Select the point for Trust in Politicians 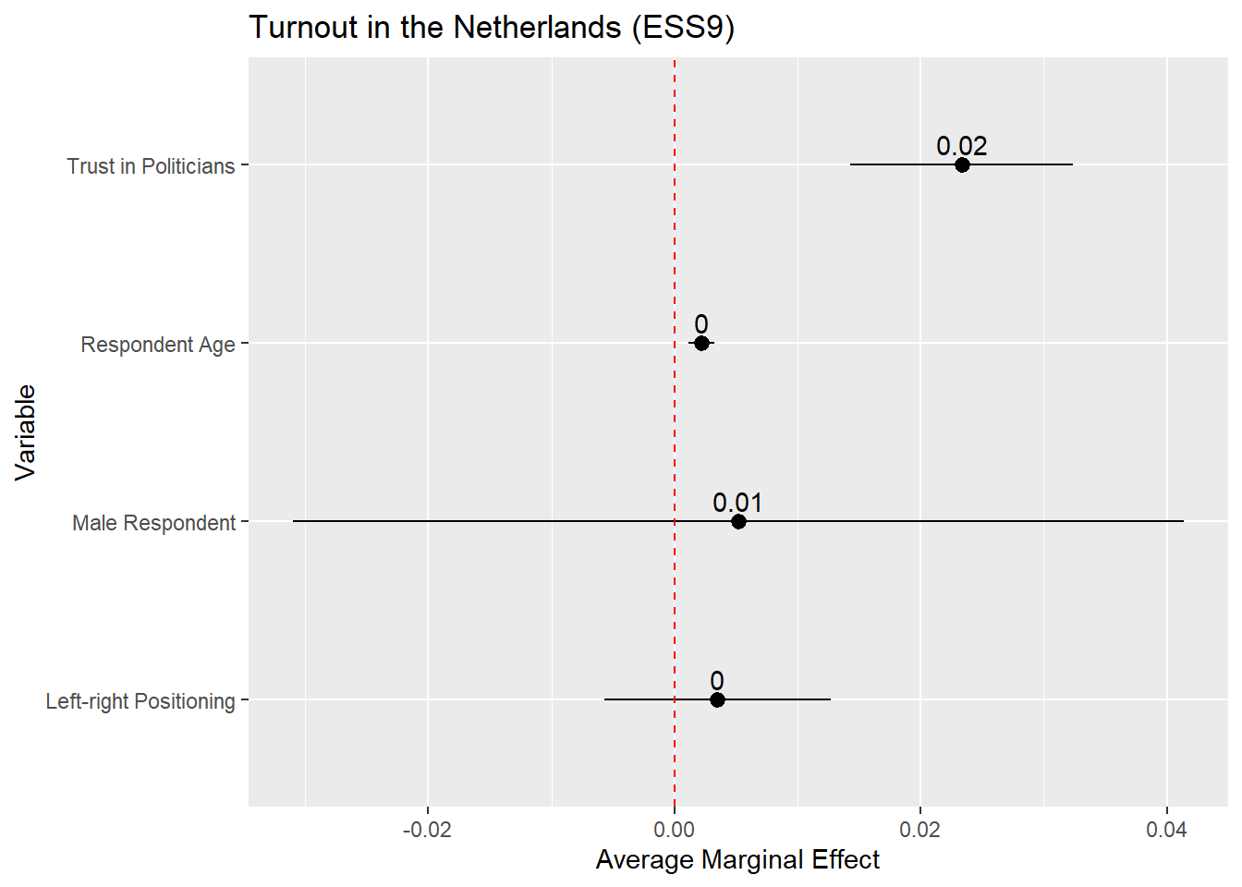pos(962,164)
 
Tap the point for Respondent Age pos(701,343)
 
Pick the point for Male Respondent pos(738,521)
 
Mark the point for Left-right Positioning pos(717,699)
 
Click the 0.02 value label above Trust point pos(961,146)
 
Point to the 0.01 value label pos(737,503)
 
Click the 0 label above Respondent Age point pos(701,324)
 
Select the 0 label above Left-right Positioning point pos(717,681)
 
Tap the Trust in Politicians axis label pos(151,166)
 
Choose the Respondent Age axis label pos(158,345)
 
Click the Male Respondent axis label pos(154,523)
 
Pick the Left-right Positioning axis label pos(140,701)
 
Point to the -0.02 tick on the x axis pos(427,830)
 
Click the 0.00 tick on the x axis pos(675,830)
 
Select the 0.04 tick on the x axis pos(1166,830)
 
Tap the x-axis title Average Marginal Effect pos(737,860)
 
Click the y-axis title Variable pos(26,432)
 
